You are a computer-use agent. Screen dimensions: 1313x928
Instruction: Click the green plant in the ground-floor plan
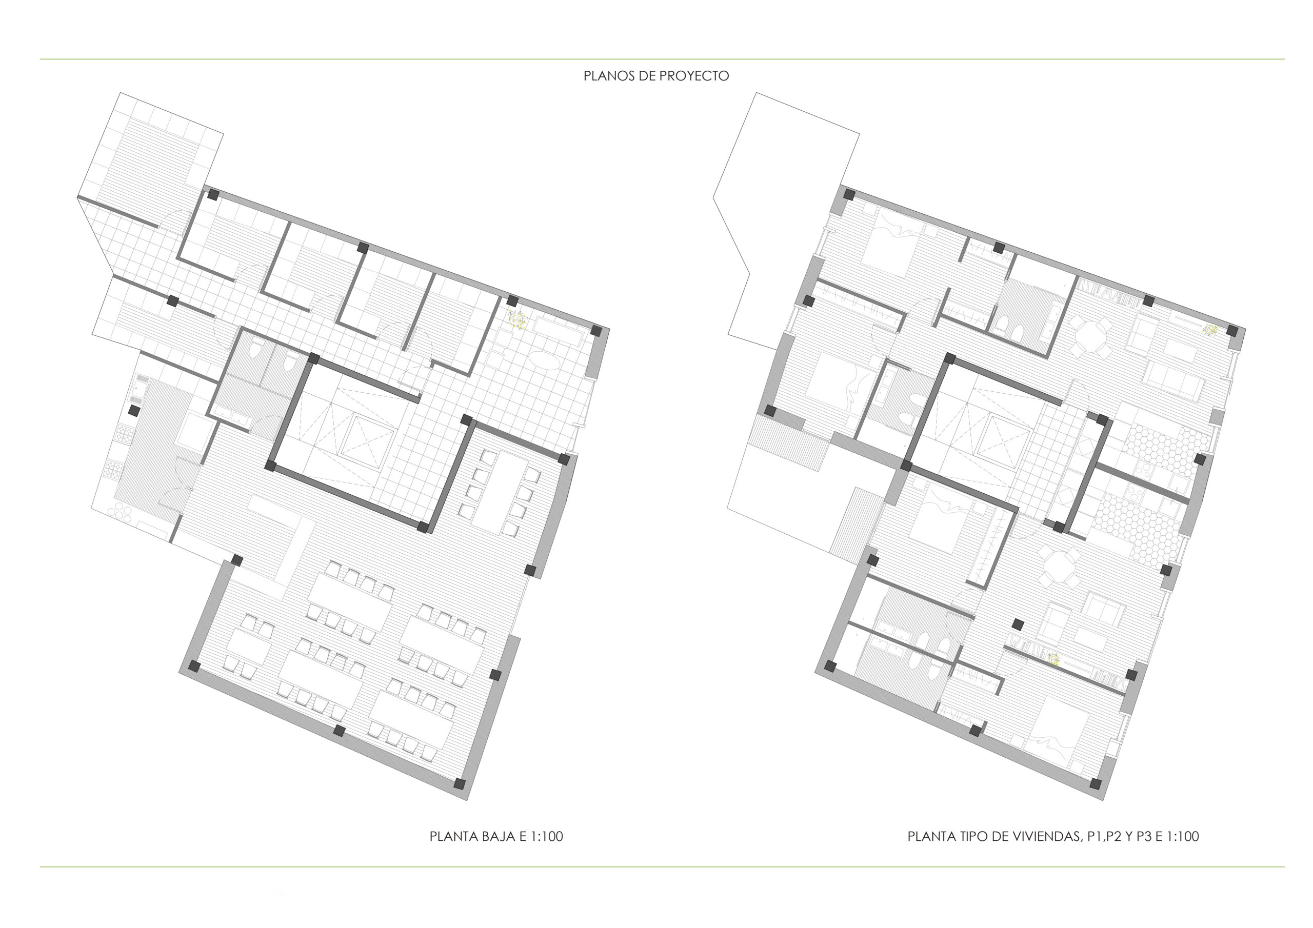click(518, 321)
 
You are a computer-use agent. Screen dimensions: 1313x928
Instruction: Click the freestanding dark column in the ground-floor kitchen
click(134, 411)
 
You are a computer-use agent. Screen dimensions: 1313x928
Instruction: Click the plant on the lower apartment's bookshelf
click(1053, 659)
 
